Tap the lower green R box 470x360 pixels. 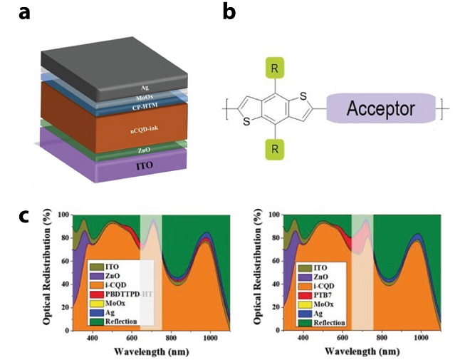pos(275,149)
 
